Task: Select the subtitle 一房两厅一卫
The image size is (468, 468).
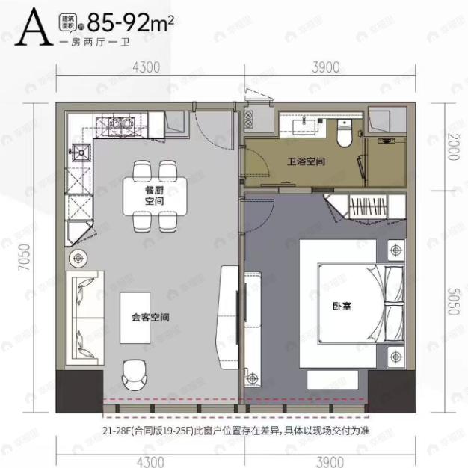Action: click(95, 43)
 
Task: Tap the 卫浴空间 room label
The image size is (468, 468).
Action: click(304, 161)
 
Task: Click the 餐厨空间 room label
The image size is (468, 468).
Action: click(155, 196)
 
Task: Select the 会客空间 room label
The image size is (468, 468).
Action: click(150, 317)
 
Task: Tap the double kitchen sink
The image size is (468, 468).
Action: click(125, 123)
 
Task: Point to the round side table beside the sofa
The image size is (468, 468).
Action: click(78, 258)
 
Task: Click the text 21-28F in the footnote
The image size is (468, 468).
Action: click(119, 429)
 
